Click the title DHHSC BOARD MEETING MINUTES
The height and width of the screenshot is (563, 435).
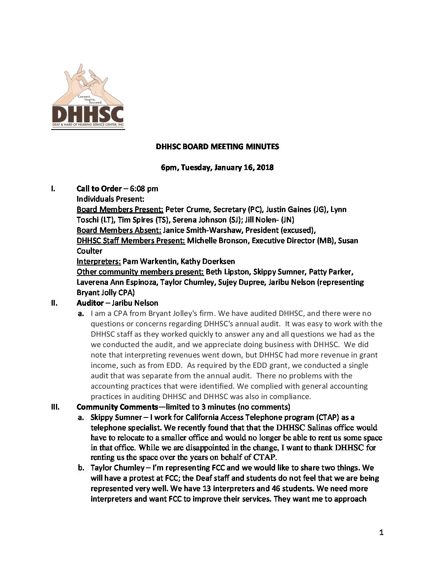coord(217,147)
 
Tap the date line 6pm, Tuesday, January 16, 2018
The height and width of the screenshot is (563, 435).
coord(217,168)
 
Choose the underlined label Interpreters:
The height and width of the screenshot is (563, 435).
coord(99,262)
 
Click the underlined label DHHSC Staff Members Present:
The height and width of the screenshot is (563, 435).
coord(131,241)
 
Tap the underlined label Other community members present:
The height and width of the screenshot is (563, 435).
coord(140,272)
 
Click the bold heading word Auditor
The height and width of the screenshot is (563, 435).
coord(90,303)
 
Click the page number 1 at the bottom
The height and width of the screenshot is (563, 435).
coord(381,532)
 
